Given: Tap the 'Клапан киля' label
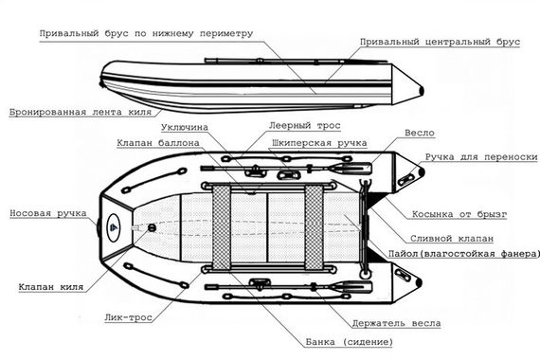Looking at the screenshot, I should [50, 284].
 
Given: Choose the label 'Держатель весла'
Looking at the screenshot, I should [395, 322].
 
